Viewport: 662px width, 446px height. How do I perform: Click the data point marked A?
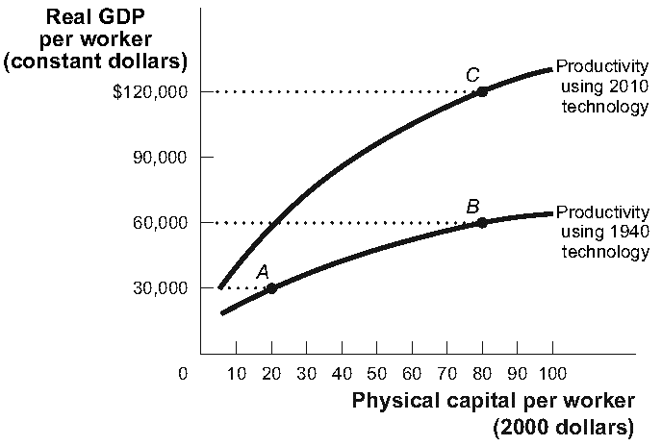tap(271, 287)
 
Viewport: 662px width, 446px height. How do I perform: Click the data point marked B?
tap(482, 222)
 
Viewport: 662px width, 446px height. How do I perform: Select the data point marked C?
tap(482, 91)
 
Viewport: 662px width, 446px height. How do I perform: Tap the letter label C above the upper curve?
tap(471, 74)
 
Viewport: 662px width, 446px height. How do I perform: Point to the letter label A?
tap(262, 271)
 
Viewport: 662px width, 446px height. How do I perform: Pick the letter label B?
tap(472, 206)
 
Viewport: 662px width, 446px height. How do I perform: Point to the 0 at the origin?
tap(184, 372)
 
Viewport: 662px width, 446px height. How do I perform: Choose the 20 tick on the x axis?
tap(271, 372)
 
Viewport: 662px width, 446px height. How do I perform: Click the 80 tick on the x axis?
tap(482, 372)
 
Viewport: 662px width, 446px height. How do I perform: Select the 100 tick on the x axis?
tap(552, 372)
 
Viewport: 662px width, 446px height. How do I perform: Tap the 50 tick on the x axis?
tap(376, 372)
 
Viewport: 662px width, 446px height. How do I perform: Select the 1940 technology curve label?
tap(603, 232)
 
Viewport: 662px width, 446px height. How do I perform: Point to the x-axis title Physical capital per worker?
tap(495, 400)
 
